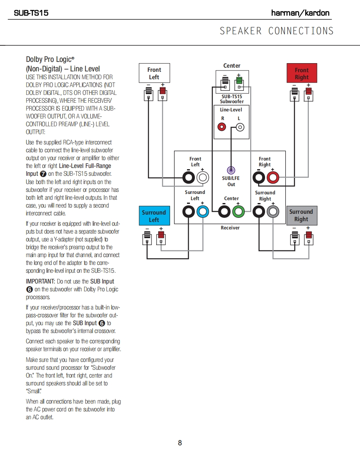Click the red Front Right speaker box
click(301, 73)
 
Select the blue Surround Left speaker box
click(154, 216)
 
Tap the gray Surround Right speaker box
click(301, 215)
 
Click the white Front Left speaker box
click(154, 73)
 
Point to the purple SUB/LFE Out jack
click(231, 170)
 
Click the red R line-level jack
click(222, 127)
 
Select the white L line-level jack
click(239, 127)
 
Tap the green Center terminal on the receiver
click(238, 212)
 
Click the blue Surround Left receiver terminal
click(202, 212)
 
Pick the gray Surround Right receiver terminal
click(272, 212)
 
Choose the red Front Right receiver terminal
click(273, 178)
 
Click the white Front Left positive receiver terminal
click(203, 178)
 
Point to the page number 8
click(180, 443)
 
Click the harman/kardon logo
click(300, 13)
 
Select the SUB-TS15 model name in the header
click(31, 13)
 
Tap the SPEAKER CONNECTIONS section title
click(276, 31)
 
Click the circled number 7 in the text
click(43, 174)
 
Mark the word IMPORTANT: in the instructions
click(40, 281)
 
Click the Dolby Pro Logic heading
click(50, 59)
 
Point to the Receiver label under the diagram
click(230, 228)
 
